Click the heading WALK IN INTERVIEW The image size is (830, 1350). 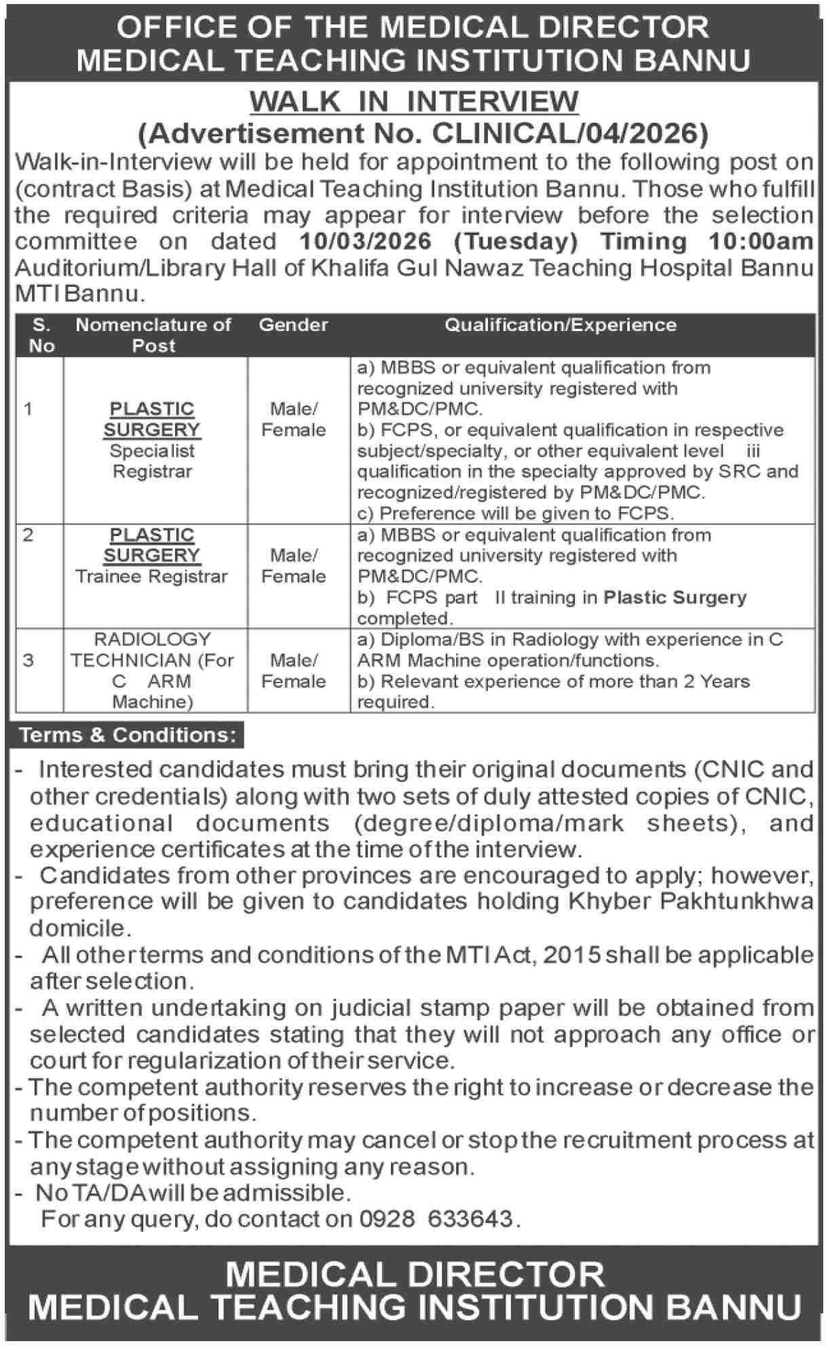tap(414, 102)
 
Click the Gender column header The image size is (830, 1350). tap(293, 325)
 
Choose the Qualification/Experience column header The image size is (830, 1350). tap(561, 325)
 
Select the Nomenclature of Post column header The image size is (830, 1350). tap(153, 335)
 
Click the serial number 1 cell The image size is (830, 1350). tap(28, 408)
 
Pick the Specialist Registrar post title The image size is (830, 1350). tap(152, 461)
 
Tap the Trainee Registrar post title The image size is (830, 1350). tap(151, 577)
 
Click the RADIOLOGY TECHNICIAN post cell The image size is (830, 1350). tap(152, 670)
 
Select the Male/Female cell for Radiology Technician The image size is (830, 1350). tap(293, 670)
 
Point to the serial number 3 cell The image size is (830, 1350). tap(28, 660)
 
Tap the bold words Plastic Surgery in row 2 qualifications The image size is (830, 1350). tap(675, 598)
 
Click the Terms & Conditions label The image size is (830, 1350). tap(128, 735)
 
